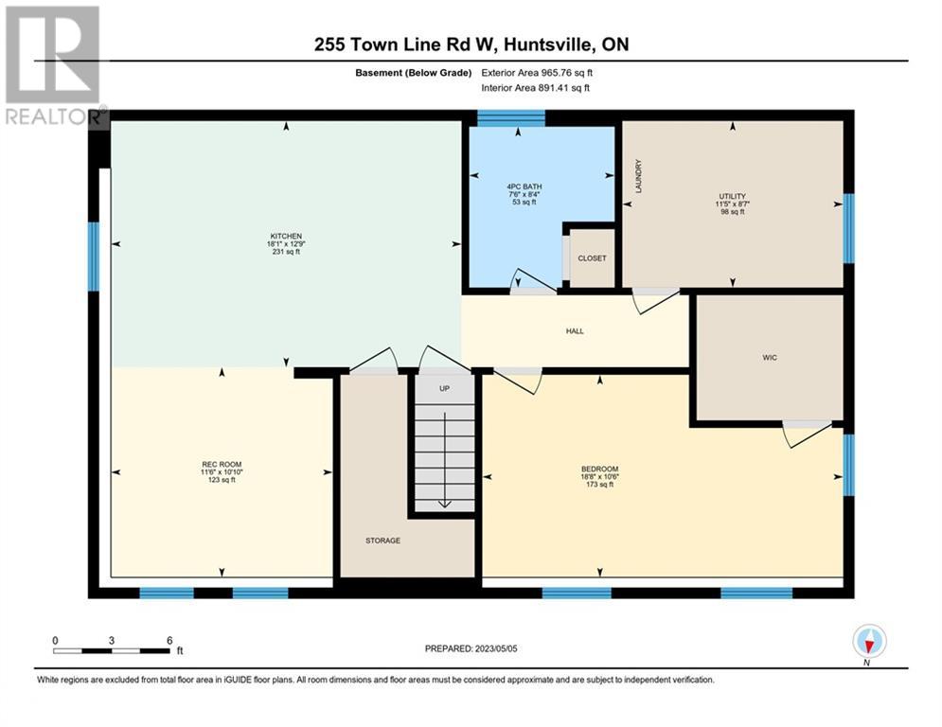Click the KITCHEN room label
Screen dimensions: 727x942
(x=286, y=236)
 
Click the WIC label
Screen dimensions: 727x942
(x=769, y=358)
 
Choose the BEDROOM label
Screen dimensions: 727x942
(x=599, y=470)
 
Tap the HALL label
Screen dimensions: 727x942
(x=575, y=331)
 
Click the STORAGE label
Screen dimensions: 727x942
(x=383, y=541)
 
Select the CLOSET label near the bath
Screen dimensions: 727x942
(x=592, y=257)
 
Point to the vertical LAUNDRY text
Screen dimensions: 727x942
(x=639, y=175)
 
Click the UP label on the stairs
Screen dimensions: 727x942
(x=443, y=389)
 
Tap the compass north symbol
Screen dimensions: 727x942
(x=868, y=643)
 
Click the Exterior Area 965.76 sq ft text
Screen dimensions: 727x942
(x=537, y=73)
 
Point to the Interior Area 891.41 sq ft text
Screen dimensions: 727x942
(x=536, y=87)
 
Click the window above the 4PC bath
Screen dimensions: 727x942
(x=510, y=118)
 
